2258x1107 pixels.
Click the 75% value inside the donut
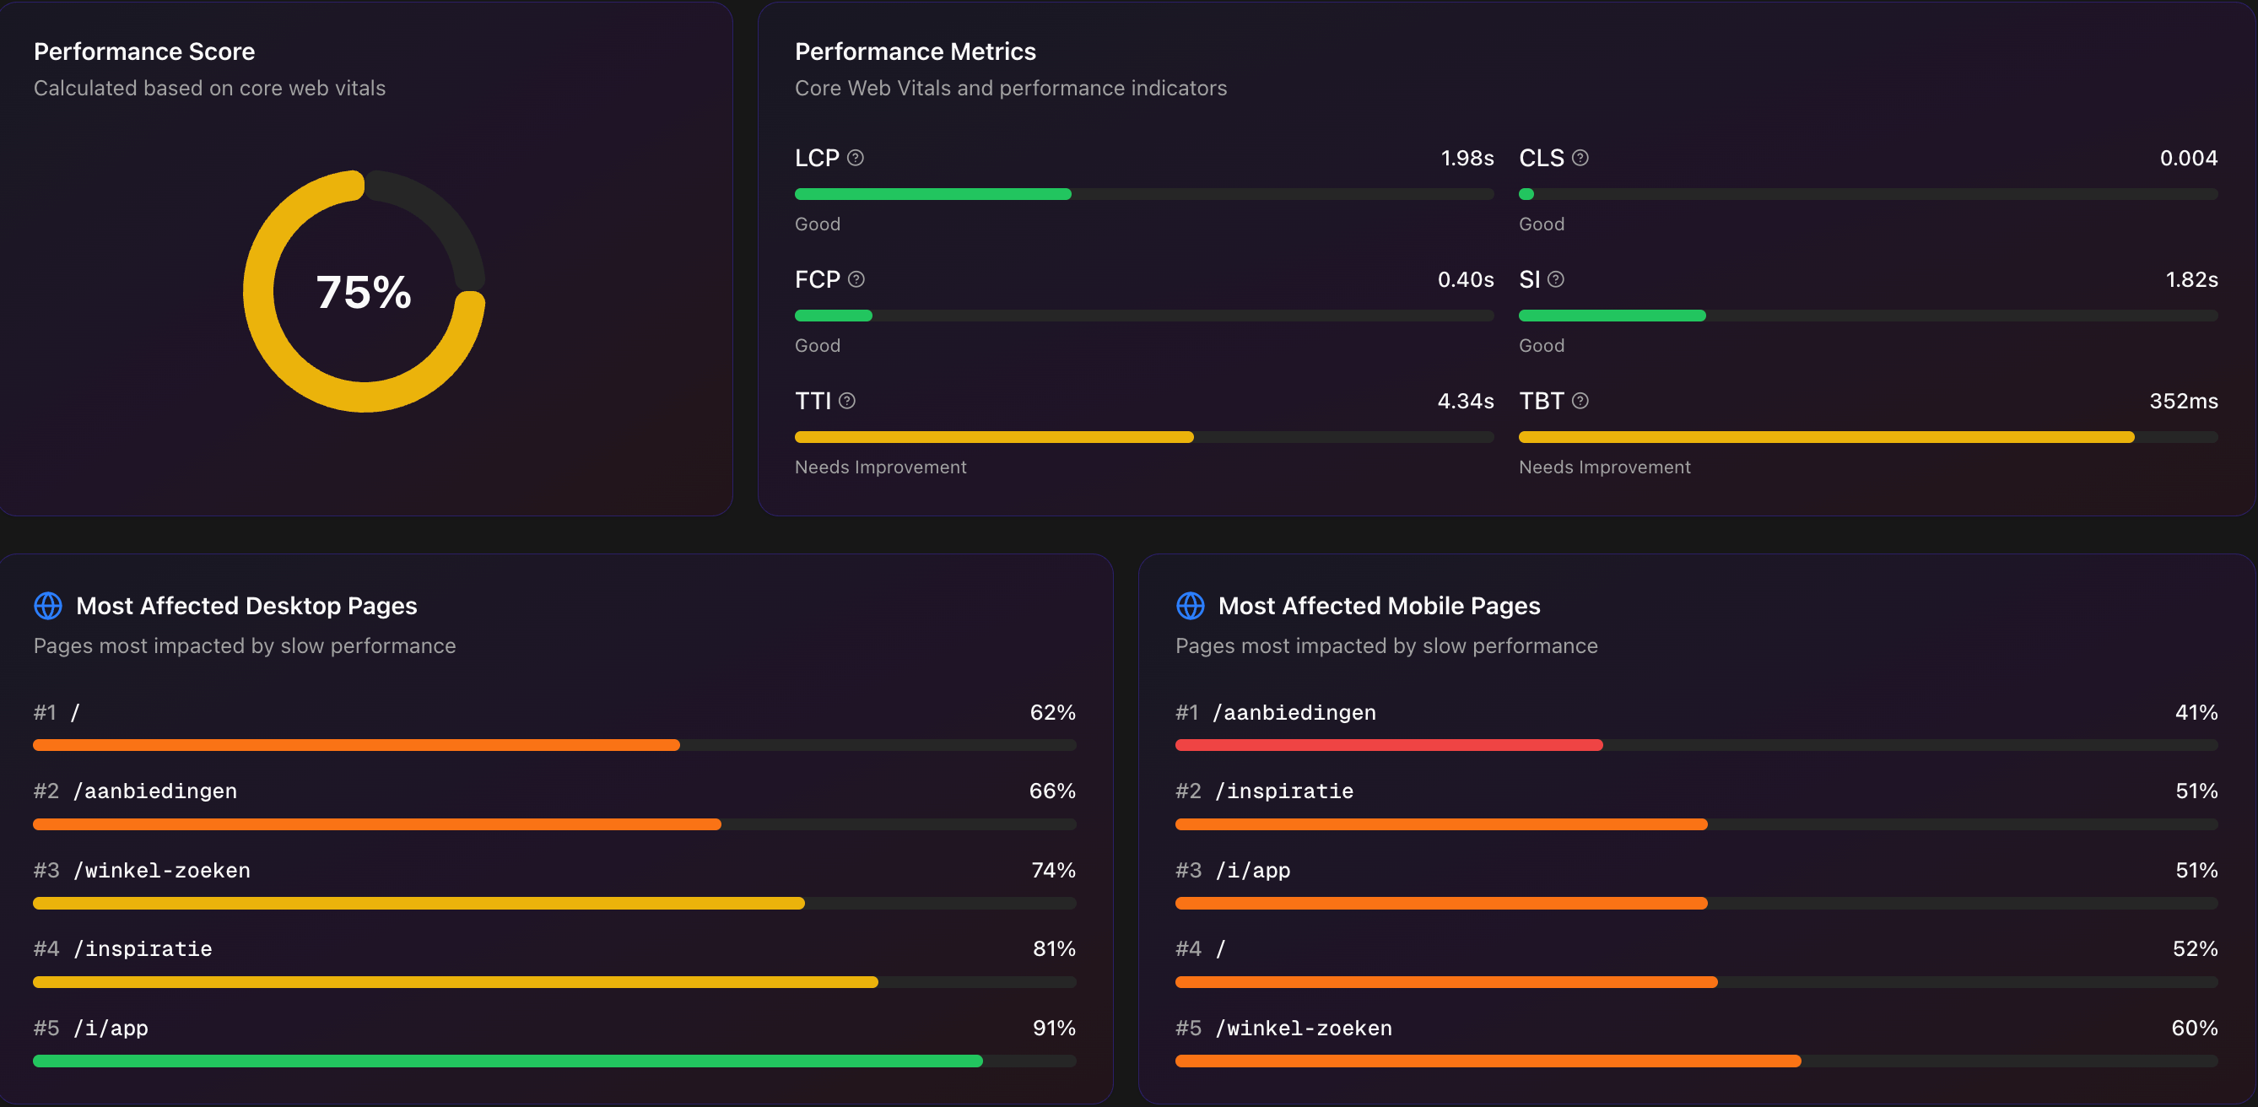click(363, 292)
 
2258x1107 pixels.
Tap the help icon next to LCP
click(856, 158)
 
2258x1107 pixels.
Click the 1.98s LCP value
click(1467, 158)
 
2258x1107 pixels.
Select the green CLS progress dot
click(1526, 194)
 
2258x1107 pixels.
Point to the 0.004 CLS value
click(2188, 158)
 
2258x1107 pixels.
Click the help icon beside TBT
click(1580, 401)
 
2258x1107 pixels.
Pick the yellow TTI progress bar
click(993, 436)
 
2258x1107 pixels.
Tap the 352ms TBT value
click(2183, 401)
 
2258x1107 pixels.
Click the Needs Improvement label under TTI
click(880, 467)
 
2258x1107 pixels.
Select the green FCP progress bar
click(833, 316)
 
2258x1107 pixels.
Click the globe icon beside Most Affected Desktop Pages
click(48, 606)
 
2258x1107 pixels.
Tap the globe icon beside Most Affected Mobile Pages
click(1190, 606)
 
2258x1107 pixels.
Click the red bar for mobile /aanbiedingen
click(1388, 745)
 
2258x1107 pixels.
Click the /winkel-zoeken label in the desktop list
click(162, 871)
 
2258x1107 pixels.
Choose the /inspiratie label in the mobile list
click(1284, 791)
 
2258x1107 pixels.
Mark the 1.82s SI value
click(2191, 279)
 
